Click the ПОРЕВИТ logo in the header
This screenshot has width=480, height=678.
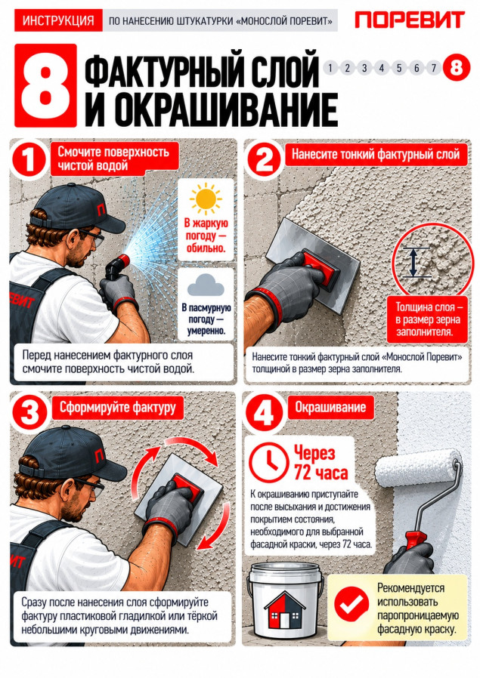point(410,20)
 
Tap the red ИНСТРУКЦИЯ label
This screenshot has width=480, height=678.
point(58,20)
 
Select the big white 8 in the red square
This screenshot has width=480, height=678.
point(45,85)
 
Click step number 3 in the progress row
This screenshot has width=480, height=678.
point(364,68)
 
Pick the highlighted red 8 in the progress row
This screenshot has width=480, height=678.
point(457,67)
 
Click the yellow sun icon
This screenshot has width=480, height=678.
point(206,199)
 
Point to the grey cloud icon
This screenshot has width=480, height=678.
point(206,285)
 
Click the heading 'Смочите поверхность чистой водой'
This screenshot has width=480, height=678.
point(113,159)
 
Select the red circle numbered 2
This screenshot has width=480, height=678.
point(264,159)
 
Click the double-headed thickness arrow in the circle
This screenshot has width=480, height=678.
point(413,262)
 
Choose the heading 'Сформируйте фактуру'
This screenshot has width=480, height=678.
point(118,407)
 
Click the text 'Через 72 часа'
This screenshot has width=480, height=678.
point(321,463)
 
